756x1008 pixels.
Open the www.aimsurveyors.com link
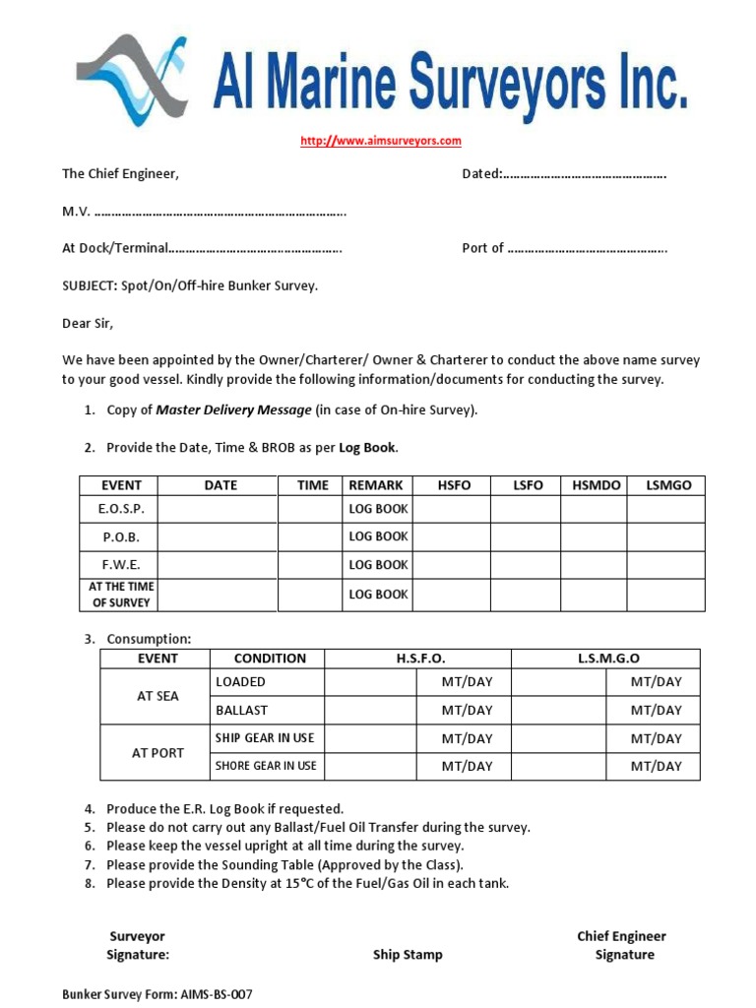click(380, 141)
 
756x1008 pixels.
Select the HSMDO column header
click(595, 485)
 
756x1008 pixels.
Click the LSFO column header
click(527, 485)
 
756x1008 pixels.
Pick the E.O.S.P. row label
click(120, 509)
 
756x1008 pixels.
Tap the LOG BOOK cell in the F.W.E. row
click(378, 565)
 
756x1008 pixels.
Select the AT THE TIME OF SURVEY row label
click(120, 595)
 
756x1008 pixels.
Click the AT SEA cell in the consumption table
click(157, 696)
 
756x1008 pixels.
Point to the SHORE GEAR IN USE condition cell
click(266, 766)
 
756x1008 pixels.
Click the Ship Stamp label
click(408, 955)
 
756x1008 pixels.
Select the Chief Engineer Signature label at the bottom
click(621, 946)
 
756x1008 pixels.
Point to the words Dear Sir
click(88, 323)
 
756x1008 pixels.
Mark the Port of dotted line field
click(588, 248)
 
